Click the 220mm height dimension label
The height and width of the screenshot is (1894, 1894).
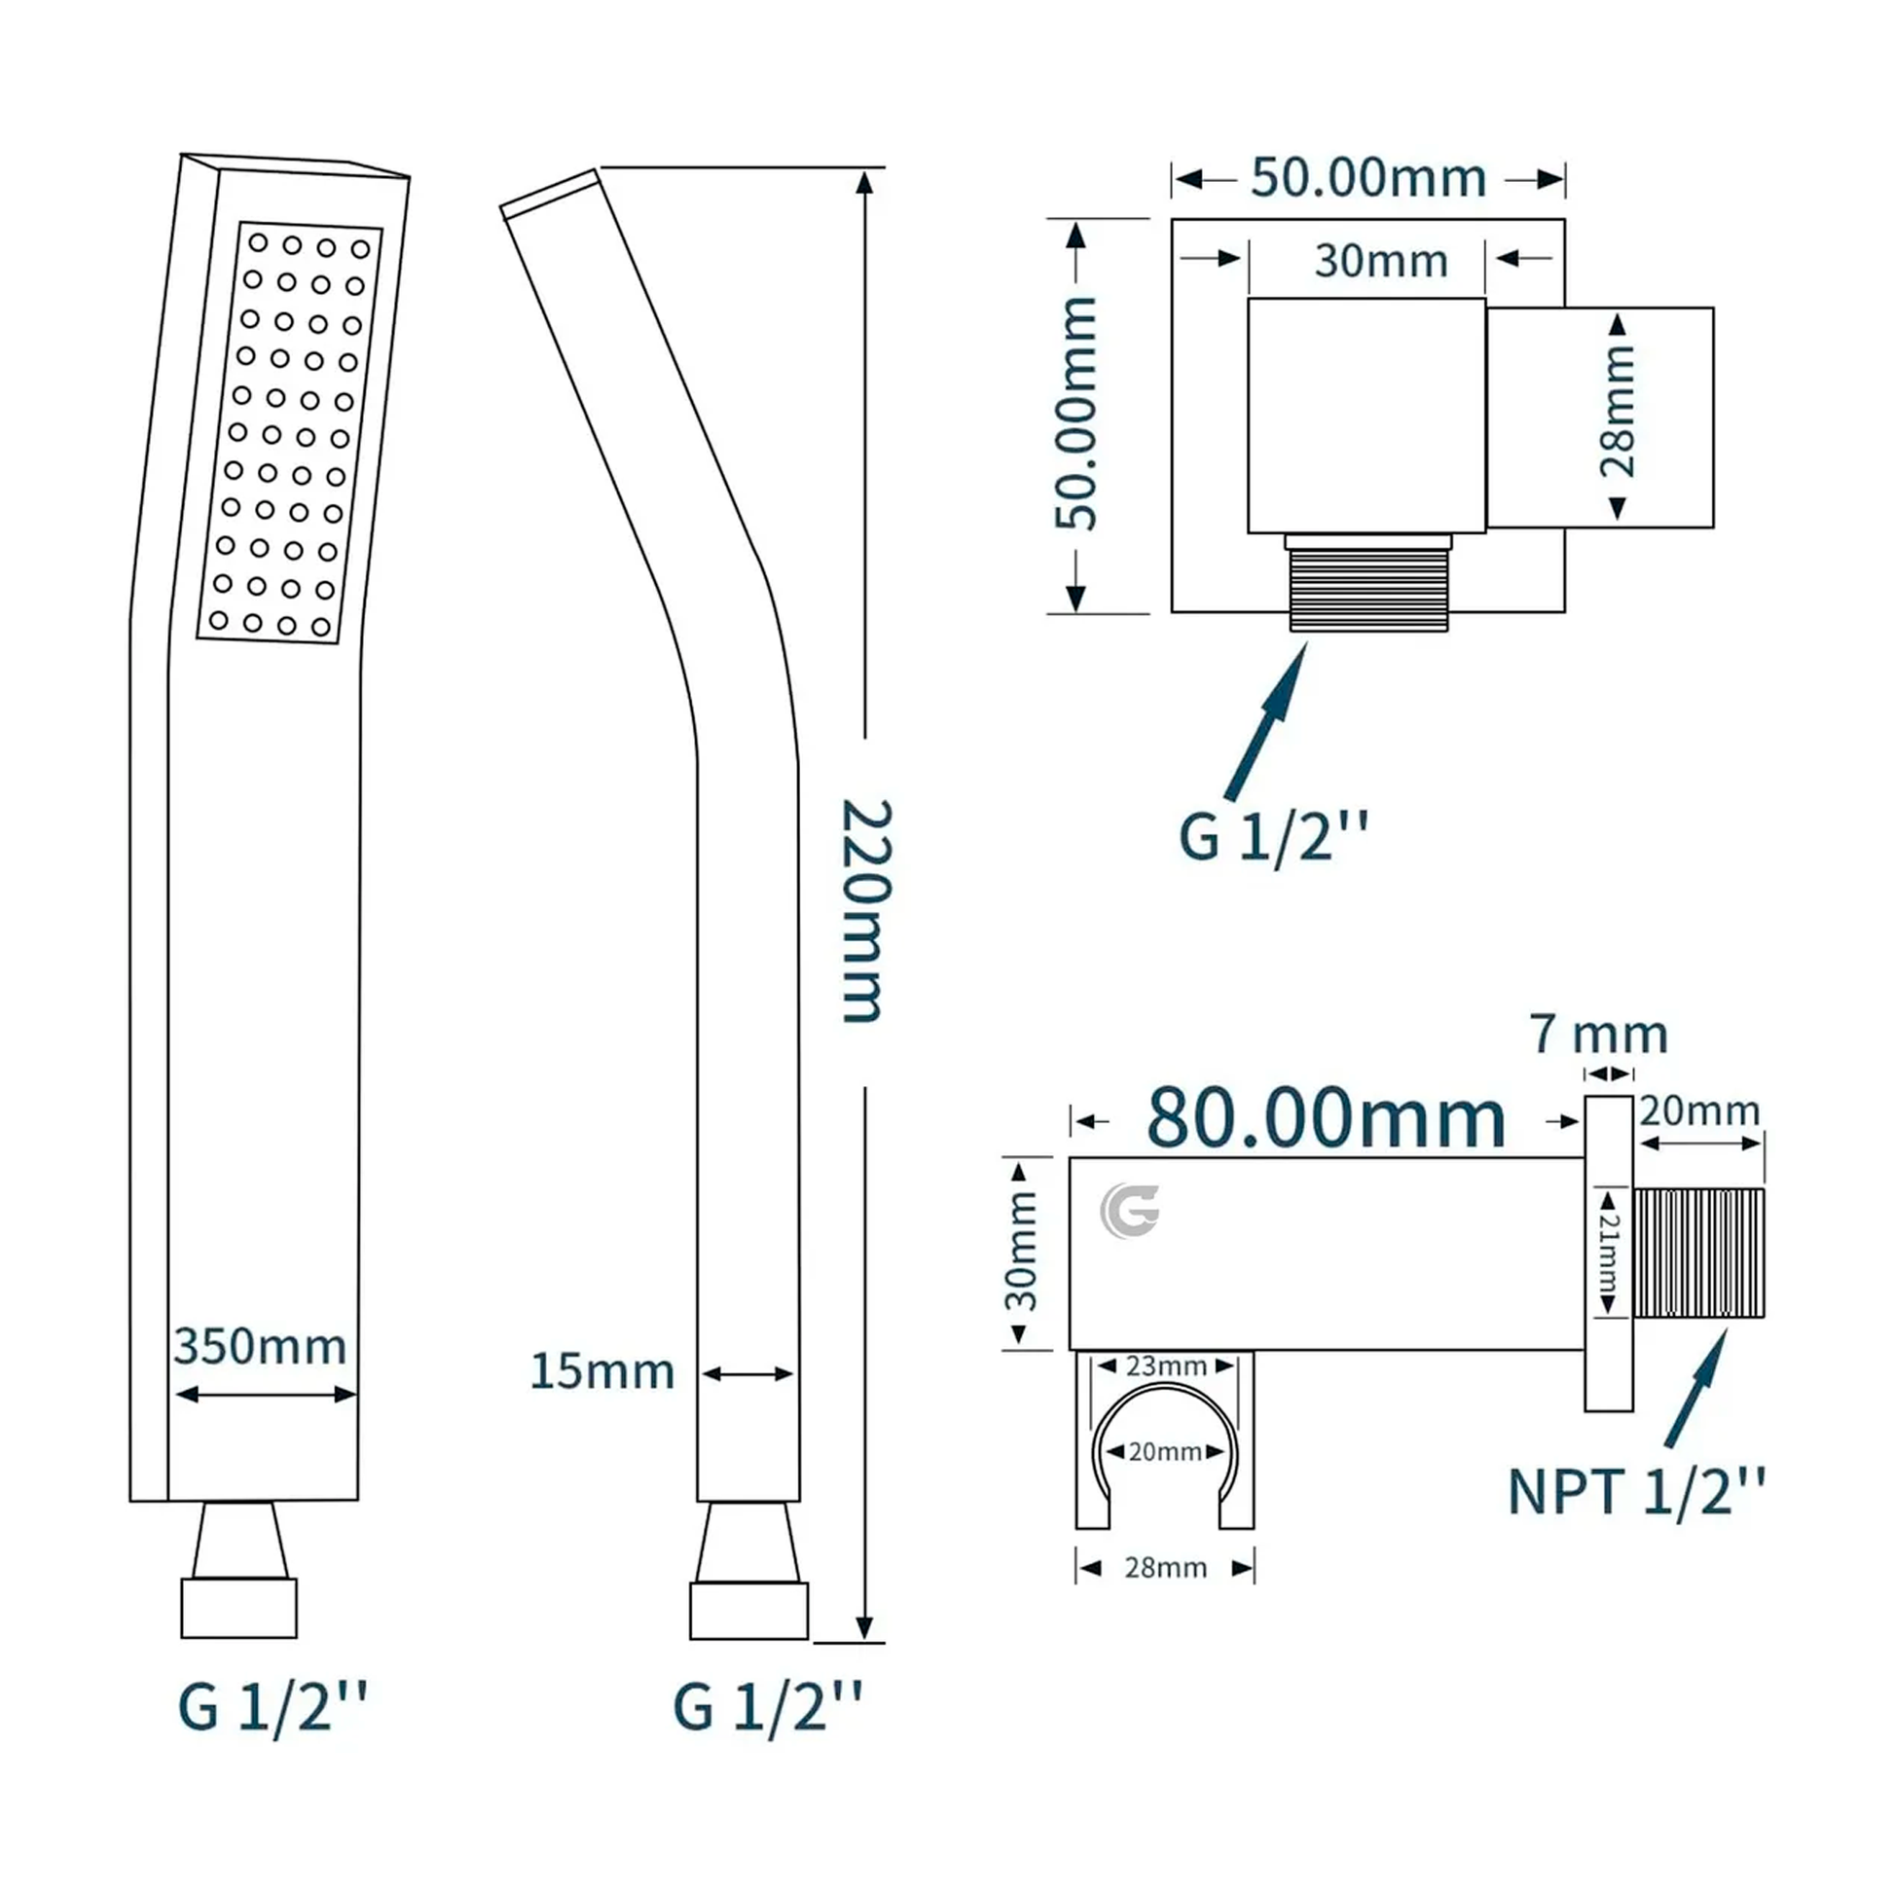tap(864, 912)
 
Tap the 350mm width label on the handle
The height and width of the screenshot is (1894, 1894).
tap(260, 1347)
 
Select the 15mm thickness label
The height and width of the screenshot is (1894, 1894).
tap(601, 1371)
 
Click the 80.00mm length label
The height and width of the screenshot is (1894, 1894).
tap(1326, 1118)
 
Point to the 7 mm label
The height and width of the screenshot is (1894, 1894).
tap(1599, 1035)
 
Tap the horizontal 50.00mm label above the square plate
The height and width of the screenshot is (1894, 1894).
tap(1368, 177)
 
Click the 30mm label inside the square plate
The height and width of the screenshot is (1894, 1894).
tap(1381, 261)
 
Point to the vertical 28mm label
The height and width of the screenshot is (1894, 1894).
tap(1618, 413)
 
